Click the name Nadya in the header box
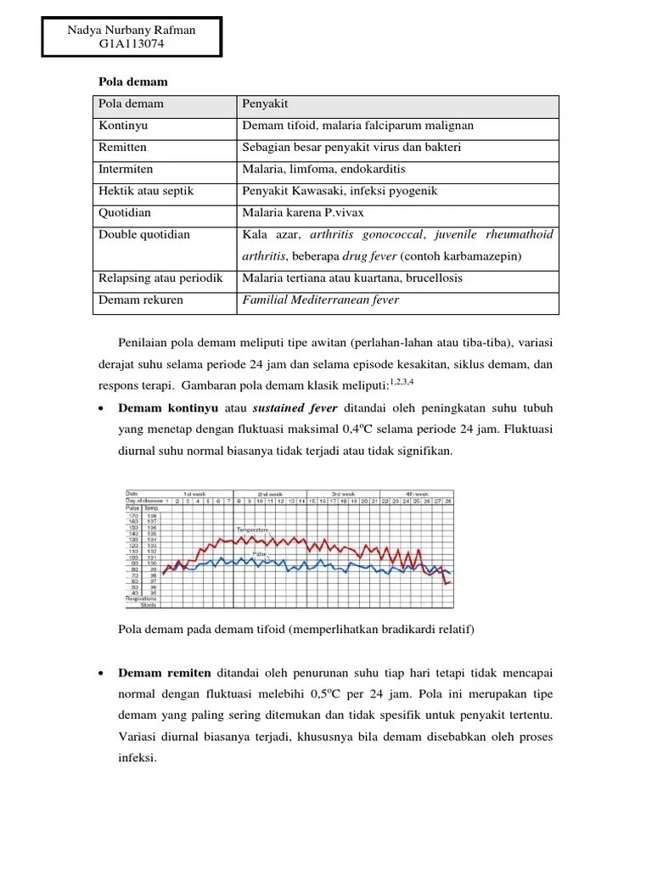[85, 31]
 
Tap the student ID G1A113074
[132, 46]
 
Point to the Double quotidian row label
[143, 235]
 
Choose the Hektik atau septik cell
[145, 191]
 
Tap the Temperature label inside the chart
[252, 530]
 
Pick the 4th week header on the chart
[415, 493]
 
